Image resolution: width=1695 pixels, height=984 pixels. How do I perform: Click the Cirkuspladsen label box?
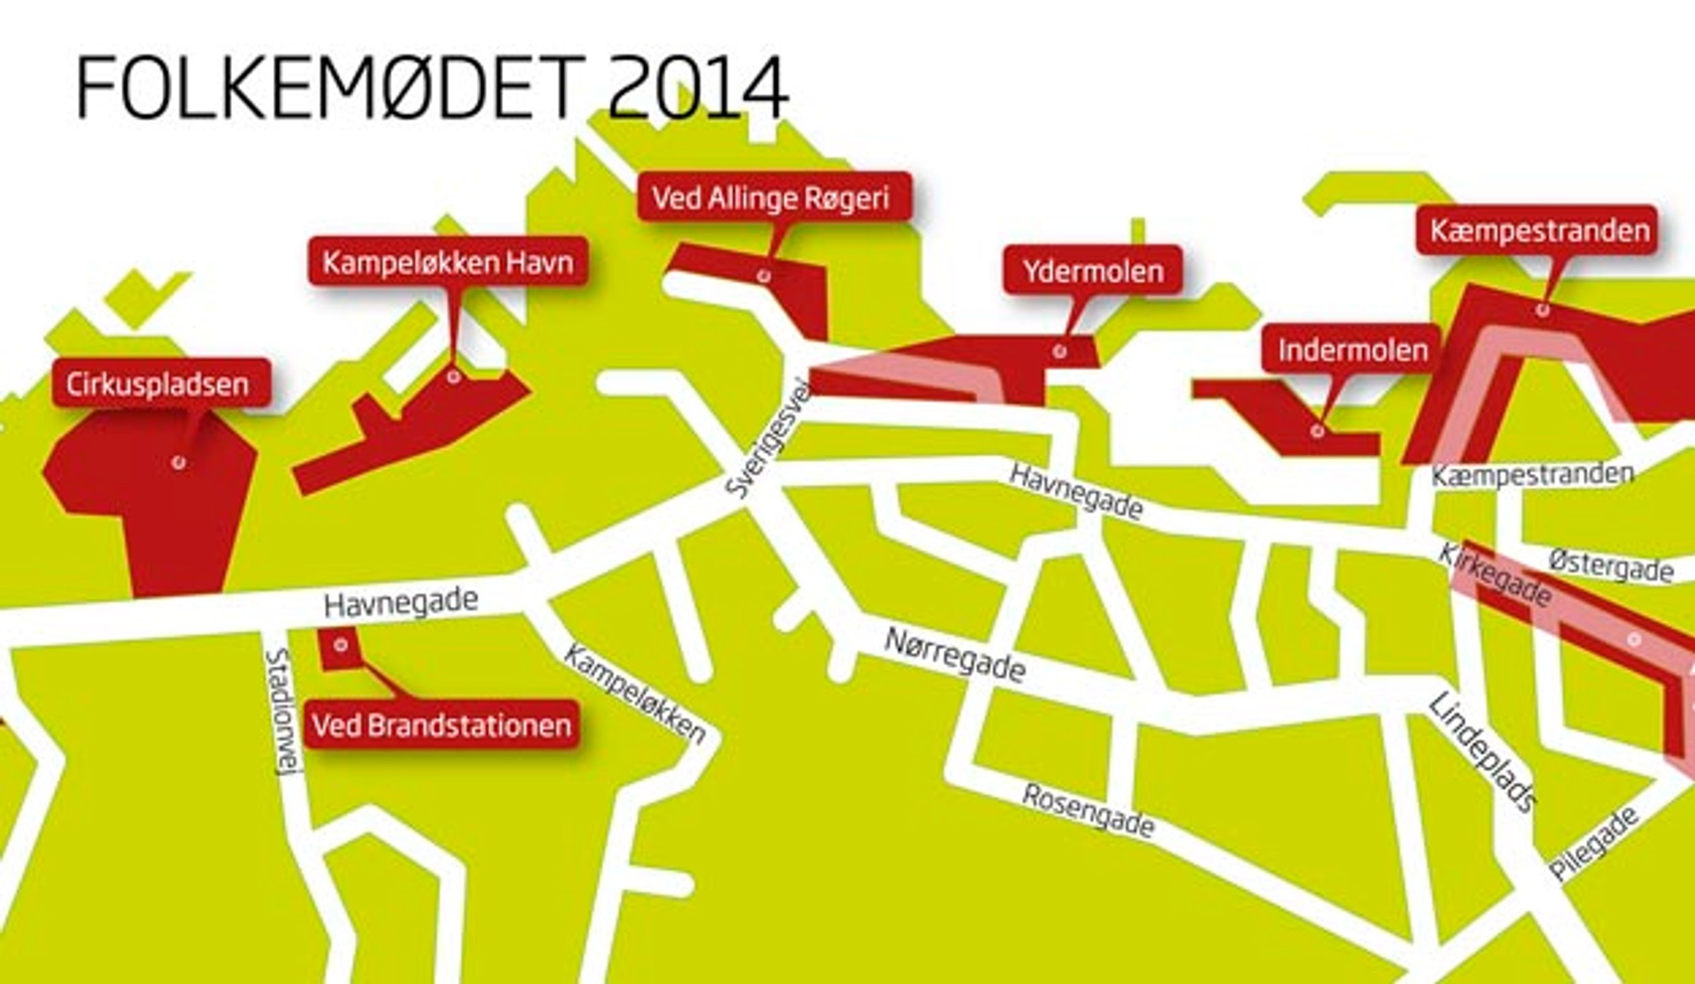(162, 384)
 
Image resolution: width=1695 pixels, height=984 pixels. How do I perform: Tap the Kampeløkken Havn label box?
(448, 262)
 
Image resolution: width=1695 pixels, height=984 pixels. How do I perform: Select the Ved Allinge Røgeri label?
(773, 197)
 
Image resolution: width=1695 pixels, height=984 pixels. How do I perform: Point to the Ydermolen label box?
(1092, 271)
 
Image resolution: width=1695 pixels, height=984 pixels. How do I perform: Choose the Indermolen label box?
(1352, 349)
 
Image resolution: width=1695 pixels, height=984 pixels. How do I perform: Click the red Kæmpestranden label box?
(1539, 231)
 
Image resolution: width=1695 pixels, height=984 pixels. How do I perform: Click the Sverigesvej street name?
(770, 447)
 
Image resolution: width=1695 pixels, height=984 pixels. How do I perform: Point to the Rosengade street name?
(1088, 811)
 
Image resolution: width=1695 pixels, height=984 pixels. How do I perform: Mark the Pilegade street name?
(1594, 843)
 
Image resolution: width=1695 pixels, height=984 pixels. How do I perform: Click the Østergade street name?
(1610, 567)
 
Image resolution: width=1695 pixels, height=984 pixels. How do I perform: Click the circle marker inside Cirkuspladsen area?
(179, 462)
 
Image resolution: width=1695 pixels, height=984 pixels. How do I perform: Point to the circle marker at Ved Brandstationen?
(341, 645)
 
